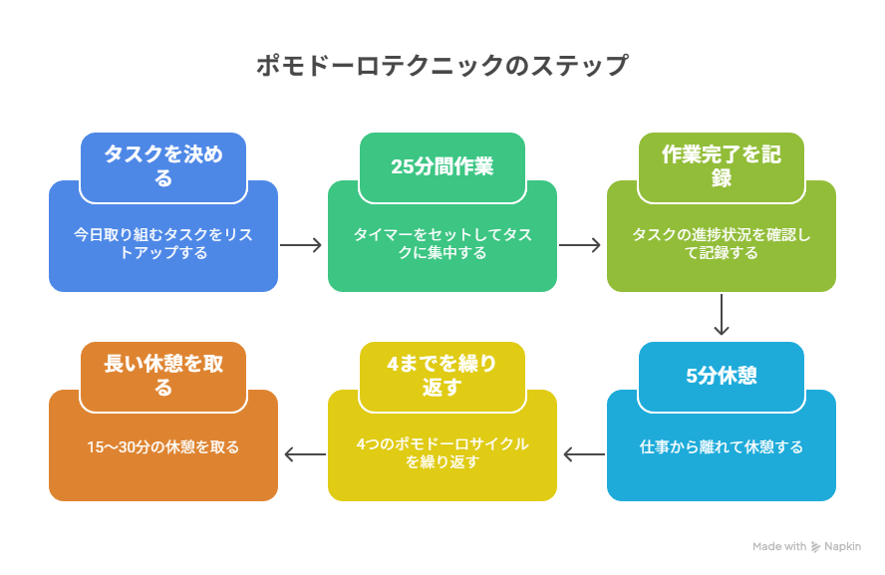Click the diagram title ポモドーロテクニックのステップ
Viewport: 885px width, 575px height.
point(442,67)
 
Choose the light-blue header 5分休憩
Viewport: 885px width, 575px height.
point(722,376)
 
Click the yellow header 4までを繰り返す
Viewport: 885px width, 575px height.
point(442,376)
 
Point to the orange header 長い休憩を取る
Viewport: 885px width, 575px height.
point(163,376)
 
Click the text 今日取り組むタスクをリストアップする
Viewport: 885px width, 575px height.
point(163,244)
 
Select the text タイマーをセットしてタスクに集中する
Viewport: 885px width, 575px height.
point(442,244)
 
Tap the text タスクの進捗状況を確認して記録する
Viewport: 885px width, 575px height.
point(722,244)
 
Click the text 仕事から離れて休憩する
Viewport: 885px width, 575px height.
point(722,446)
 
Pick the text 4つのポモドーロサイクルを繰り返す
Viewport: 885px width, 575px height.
point(442,453)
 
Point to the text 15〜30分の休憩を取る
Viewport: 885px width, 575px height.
point(163,446)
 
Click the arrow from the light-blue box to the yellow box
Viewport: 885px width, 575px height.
point(582,454)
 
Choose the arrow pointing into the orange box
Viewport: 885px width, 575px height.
point(303,454)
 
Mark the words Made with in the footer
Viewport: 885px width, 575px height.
point(779,547)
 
